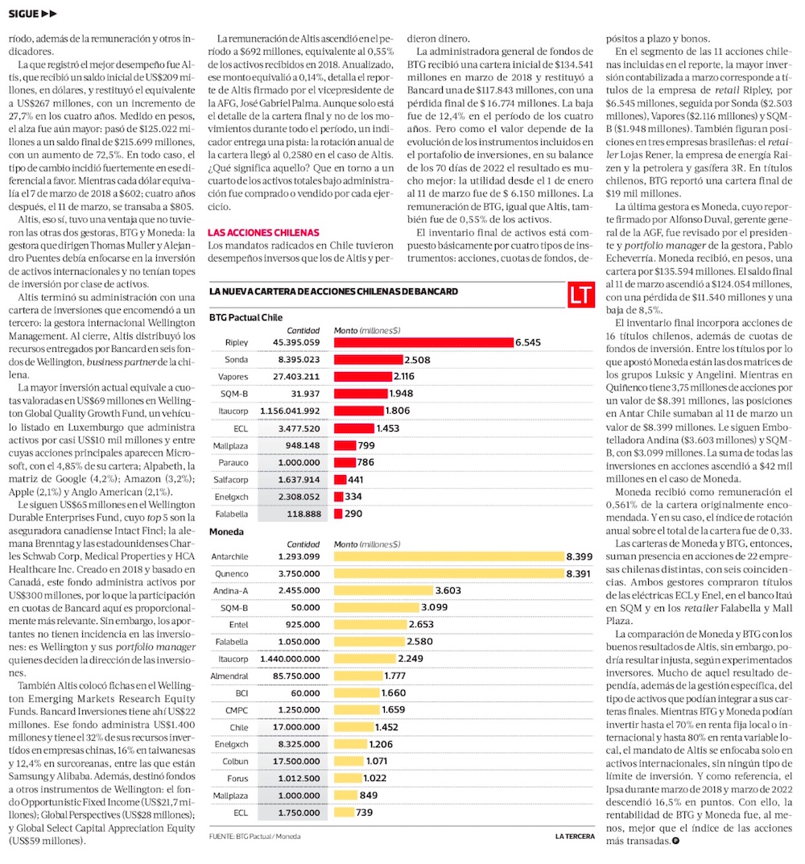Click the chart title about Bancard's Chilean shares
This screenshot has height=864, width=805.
point(333,291)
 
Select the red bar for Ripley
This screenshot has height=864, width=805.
point(423,342)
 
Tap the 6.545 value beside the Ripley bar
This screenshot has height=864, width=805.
point(528,342)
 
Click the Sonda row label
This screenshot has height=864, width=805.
point(237,359)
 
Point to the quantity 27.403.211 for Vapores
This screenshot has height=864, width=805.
point(296,376)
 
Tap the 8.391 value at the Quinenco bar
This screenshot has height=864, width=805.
point(580,573)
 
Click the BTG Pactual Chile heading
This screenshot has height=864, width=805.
point(246,317)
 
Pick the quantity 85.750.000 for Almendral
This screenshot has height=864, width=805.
point(296,676)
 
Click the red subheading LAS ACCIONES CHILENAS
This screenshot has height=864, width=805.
point(263,232)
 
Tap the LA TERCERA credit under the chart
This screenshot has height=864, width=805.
point(576,837)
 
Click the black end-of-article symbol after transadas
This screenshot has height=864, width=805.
point(675,841)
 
